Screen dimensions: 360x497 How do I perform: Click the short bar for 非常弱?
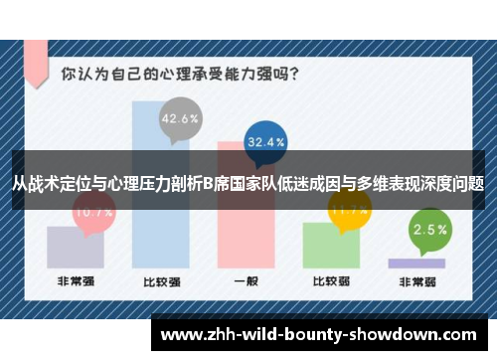(416, 264)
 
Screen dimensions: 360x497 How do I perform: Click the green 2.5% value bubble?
(428, 230)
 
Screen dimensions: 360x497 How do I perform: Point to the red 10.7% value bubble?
(93, 212)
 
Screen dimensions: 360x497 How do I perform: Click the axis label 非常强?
(75, 281)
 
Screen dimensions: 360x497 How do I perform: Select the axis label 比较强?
(160, 281)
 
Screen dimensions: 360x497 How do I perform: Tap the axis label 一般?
(246, 281)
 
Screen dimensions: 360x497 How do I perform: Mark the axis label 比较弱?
(331, 281)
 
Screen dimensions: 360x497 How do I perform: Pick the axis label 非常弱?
(416, 281)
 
